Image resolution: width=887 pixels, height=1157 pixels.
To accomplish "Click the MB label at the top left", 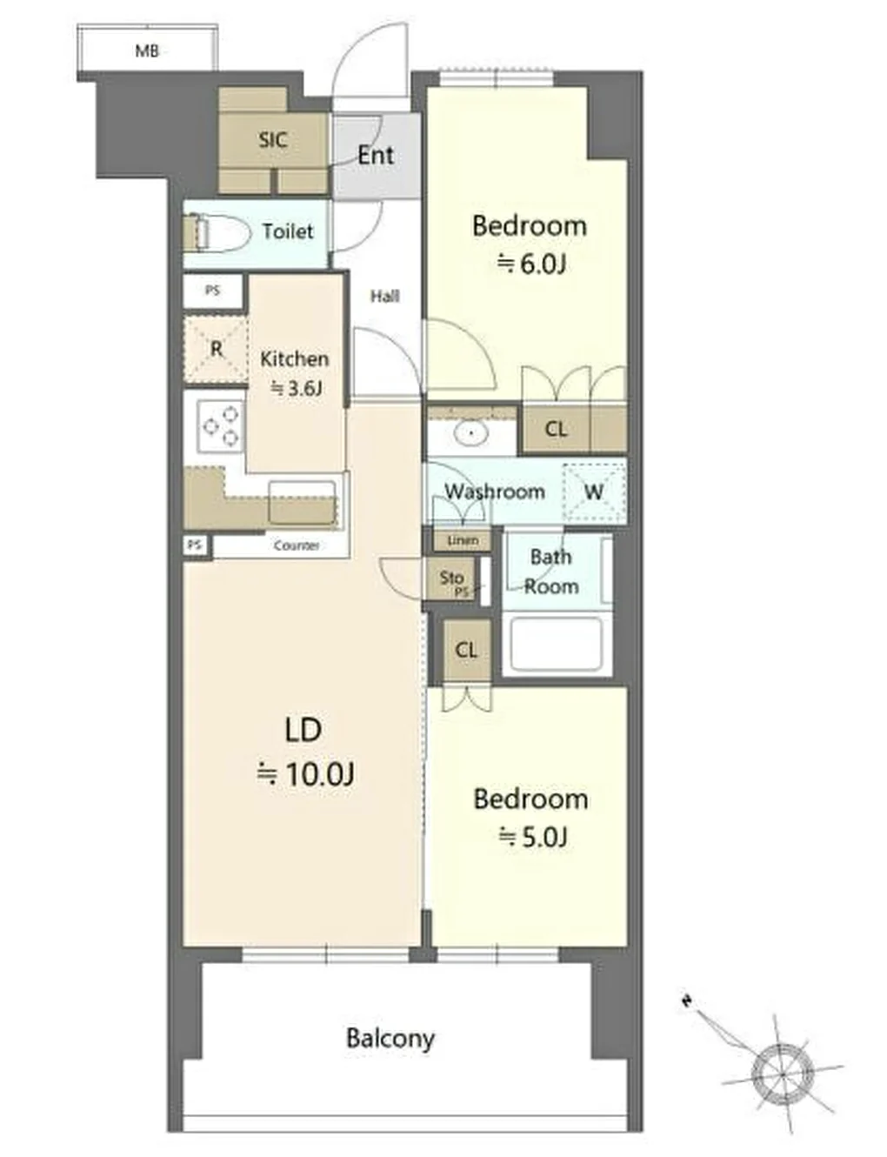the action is [147, 51].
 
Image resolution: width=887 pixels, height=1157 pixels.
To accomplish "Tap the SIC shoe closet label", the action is [273, 139].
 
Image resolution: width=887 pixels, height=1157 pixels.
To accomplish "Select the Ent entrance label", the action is [376, 156].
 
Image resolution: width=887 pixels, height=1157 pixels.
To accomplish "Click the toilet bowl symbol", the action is [217, 231].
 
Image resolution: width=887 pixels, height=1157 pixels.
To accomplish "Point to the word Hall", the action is [384, 296].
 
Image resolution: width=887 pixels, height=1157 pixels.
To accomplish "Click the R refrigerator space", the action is [216, 349].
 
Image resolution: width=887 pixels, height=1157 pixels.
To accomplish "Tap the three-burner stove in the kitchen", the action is [221, 425].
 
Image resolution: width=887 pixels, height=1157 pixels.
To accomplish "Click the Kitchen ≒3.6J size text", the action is [294, 373].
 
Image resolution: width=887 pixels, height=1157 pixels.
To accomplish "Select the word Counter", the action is [297, 545].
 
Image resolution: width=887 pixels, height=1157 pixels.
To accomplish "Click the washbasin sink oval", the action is [471, 432].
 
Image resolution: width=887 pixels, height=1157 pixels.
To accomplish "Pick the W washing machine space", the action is [594, 492].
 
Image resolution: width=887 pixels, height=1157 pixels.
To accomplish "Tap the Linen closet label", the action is [463, 540].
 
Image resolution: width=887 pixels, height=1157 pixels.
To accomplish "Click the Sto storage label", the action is [451, 577].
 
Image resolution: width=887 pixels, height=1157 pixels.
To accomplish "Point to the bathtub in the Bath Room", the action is [556, 645].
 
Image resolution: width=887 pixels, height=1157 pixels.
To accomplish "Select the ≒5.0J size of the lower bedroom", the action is [533, 837].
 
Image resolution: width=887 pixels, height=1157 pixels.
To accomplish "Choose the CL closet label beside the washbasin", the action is [556, 429].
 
